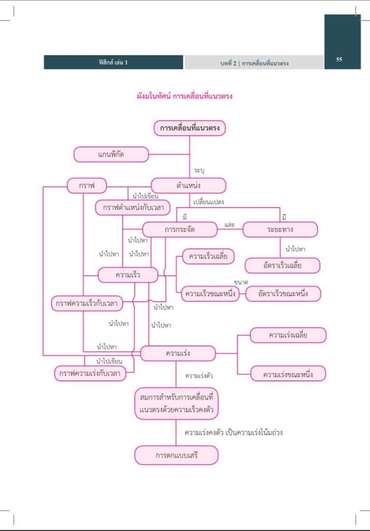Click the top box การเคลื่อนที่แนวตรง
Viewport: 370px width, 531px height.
pos(189,128)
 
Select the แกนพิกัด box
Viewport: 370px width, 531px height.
pos(111,154)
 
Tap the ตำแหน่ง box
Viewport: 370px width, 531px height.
pos(188,186)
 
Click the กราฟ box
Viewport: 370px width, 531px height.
pos(87,186)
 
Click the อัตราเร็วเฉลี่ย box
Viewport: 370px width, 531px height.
pos(283,265)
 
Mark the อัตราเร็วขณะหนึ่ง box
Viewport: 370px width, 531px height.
pos(283,293)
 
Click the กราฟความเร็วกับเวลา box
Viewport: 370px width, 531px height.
pos(87,303)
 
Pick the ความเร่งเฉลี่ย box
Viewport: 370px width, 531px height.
pos(288,335)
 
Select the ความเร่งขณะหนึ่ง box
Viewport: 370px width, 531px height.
pos(288,374)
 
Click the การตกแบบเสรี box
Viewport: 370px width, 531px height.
pos(176,456)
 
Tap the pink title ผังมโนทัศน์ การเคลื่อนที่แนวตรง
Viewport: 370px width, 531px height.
pos(184,96)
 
